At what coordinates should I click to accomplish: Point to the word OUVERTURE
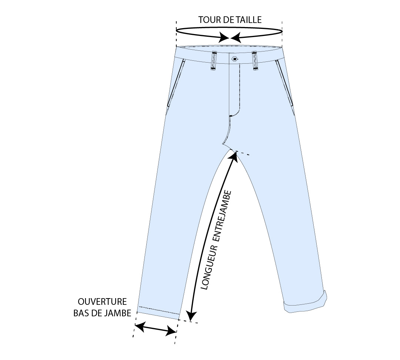[x=102, y=301]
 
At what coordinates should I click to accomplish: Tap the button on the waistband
[x=234, y=59]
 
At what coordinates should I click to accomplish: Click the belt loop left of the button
[x=214, y=61]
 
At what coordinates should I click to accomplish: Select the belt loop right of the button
[x=255, y=61]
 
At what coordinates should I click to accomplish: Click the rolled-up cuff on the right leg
[x=305, y=304]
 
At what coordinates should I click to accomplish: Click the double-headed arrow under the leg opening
[x=155, y=329]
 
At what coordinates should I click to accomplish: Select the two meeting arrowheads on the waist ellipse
[x=230, y=37]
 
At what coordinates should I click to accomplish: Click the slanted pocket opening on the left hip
[x=176, y=83]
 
